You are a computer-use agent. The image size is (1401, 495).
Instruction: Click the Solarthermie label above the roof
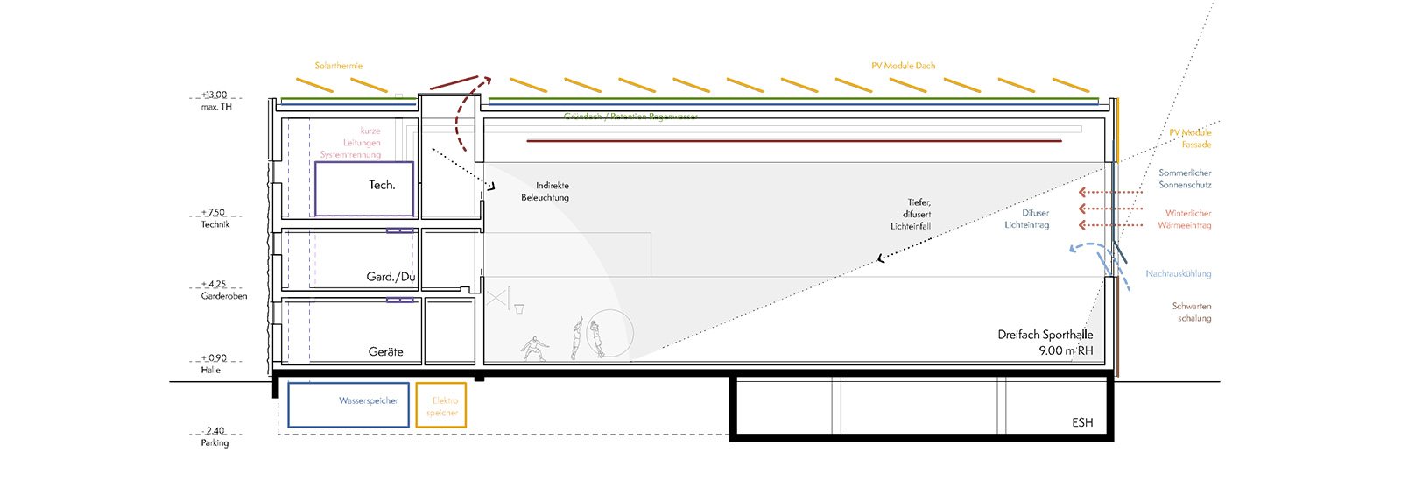coord(339,66)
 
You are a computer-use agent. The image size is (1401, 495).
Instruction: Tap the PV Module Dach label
coord(903,66)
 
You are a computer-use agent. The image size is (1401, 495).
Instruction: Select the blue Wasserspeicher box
coord(348,405)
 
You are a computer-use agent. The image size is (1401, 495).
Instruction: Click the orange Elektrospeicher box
coord(441,406)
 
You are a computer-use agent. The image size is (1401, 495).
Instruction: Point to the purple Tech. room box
coord(363,188)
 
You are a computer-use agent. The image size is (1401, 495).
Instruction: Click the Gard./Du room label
coord(391,277)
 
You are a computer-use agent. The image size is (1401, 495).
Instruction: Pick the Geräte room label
coord(385,351)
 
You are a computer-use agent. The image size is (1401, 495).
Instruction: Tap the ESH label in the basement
coord(1082,423)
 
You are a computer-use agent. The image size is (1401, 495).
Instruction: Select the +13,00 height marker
coord(215,95)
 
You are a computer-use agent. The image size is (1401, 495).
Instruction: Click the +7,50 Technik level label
coord(215,218)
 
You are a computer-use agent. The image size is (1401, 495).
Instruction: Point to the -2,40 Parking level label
coord(215,436)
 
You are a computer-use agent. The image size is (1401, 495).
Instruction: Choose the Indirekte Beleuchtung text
coord(545,192)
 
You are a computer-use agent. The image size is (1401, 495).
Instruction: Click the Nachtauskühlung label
coord(1179,274)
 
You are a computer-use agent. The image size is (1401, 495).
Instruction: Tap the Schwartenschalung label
coord(1193,312)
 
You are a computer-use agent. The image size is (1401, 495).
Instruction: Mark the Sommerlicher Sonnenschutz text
coord(1185,179)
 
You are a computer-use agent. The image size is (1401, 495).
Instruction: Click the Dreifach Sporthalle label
coord(1045,335)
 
